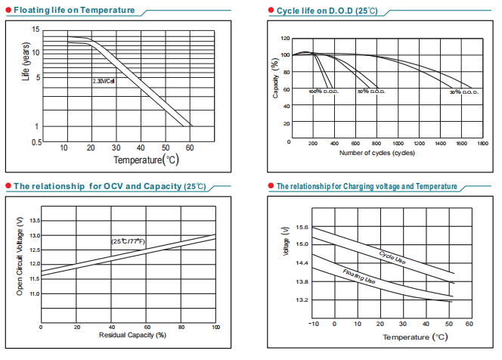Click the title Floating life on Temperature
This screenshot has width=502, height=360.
[x=74, y=11]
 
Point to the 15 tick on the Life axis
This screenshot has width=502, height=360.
[x=36, y=29]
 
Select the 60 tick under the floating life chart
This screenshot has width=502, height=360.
[x=191, y=147]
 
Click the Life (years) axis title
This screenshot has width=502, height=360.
[x=25, y=64]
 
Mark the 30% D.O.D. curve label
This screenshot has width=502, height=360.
[x=463, y=92]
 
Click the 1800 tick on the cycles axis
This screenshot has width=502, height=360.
[x=482, y=143]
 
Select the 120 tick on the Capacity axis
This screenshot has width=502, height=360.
[x=285, y=38]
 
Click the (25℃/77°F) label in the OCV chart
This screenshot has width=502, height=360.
[x=130, y=241]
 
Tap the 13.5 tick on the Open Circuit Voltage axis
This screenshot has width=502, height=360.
[x=36, y=219]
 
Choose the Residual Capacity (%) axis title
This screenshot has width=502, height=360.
[x=128, y=334]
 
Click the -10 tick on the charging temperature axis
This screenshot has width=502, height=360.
[x=313, y=323]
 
